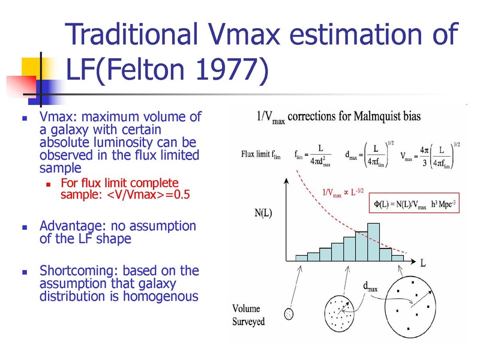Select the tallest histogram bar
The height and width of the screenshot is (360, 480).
[373, 242]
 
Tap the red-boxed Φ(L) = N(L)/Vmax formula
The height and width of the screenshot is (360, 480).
[415, 203]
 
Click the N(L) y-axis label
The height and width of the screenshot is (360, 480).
[263, 212]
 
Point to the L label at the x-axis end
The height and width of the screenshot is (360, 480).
[423, 263]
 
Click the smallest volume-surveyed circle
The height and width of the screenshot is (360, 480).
[289, 314]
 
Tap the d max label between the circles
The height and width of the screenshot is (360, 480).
[370, 287]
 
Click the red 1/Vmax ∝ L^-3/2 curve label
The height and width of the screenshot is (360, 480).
[343, 193]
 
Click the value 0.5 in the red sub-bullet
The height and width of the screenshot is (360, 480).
[182, 194]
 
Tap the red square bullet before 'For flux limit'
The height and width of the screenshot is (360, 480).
[48, 184]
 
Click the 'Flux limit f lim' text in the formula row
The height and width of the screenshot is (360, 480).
[261, 154]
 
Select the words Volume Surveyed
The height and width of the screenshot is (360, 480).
[248, 315]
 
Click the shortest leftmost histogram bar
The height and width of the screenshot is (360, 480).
[302, 258]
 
